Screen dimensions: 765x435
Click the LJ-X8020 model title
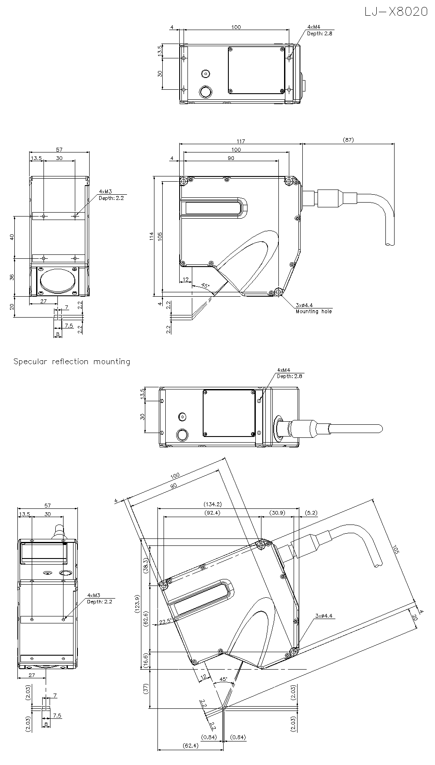[x=396, y=12]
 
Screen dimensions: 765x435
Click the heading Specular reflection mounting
[x=72, y=362]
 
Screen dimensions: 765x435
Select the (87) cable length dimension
[x=348, y=140]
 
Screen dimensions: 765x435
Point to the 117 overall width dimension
[x=241, y=141]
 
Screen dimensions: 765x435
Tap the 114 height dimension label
[x=151, y=236]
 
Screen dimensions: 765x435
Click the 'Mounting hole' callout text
[x=313, y=311]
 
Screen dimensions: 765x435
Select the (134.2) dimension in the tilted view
[x=213, y=504]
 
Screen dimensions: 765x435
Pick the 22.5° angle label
[x=166, y=622]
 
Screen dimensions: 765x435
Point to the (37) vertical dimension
[x=145, y=688]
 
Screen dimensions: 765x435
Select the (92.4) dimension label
[x=212, y=513]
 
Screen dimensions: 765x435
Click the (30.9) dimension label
[x=277, y=513]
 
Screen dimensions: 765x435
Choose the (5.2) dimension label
[x=311, y=513]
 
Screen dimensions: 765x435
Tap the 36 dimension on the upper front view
[x=12, y=277]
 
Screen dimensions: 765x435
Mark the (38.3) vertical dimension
[x=146, y=565]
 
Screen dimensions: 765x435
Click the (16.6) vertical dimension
[x=146, y=661]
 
